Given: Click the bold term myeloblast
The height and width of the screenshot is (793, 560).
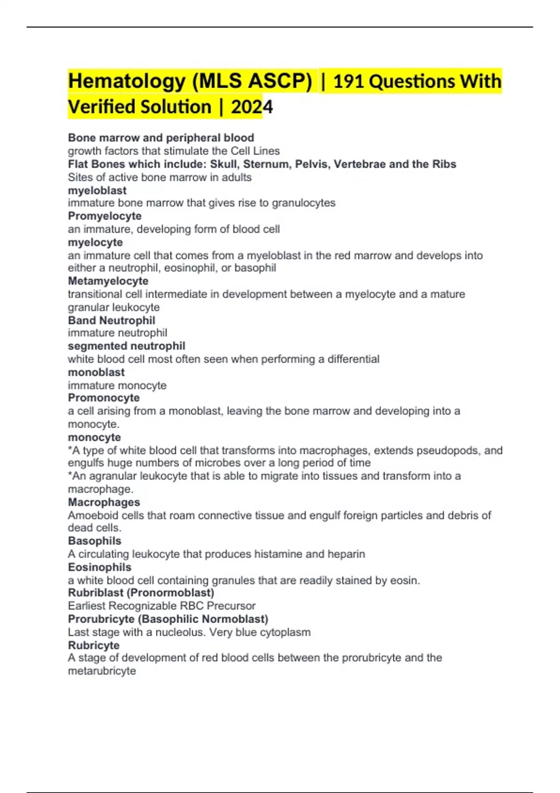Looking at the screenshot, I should (x=97, y=190).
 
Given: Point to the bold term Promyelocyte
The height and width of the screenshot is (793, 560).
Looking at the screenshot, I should (x=105, y=216).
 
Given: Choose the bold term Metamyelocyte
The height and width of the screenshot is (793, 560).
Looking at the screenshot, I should (x=108, y=281).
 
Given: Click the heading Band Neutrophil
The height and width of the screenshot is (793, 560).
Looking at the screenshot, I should (x=112, y=320).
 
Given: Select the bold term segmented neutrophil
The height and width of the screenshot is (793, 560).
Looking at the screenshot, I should (x=126, y=346).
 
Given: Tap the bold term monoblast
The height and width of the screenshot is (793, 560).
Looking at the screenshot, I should (x=96, y=372).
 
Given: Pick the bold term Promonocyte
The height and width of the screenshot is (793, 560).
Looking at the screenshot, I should (x=104, y=398).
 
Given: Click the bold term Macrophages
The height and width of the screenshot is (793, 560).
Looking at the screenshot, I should (x=104, y=502).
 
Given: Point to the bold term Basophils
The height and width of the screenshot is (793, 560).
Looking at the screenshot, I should (x=94, y=541).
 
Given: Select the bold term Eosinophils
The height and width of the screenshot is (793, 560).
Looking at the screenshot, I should (x=99, y=567).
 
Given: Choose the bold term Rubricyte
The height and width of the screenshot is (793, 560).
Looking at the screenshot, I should (x=93, y=645).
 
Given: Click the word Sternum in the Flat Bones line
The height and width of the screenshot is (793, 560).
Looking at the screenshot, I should (x=261, y=164).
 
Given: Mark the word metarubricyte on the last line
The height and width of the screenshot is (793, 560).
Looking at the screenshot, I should (x=102, y=671).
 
